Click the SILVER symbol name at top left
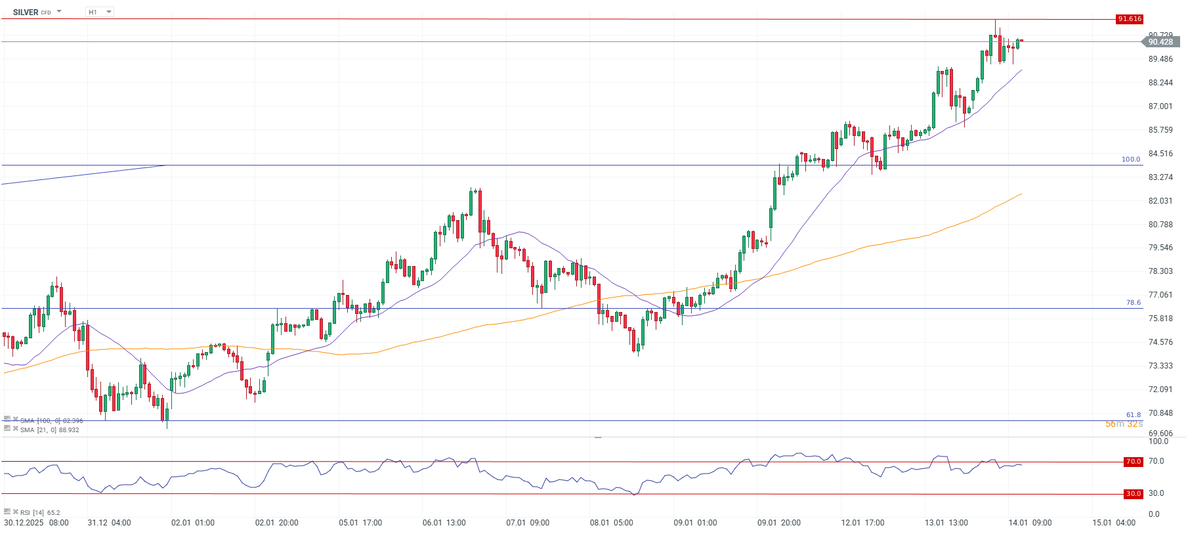click(26, 12)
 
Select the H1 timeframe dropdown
click(99, 12)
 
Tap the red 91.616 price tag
click(1130, 19)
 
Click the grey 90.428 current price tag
click(1160, 42)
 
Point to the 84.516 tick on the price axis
click(1160, 154)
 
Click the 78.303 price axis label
click(1160, 271)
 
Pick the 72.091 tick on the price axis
click(1160, 389)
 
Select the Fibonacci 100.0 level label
click(1131, 160)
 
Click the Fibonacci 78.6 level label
click(1134, 303)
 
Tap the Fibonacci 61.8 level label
click(1134, 415)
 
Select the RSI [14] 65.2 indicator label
click(40, 513)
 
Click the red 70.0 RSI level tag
click(1134, 462)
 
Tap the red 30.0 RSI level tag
click(1134, 494)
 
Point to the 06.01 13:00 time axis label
click(444, 523)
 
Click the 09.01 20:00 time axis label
click(779, 523)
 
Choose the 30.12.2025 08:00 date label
click(36, 523)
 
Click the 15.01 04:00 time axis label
click(1114, 523)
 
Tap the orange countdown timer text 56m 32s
click(1124, 424)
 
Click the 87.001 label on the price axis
click(1160, 106)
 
